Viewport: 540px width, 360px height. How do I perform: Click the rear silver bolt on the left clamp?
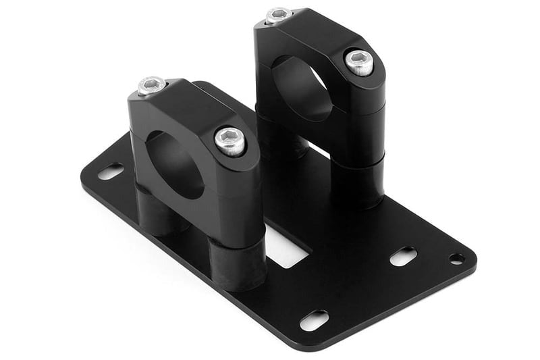(152, 86)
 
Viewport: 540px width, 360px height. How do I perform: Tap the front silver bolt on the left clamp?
(230, 140)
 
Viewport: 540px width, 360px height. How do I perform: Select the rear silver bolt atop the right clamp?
(279, 16)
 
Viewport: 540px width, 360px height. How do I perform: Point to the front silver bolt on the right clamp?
(359, 62)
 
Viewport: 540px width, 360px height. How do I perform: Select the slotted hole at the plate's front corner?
(315, 319)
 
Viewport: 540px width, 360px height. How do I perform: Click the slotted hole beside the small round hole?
(403, 257)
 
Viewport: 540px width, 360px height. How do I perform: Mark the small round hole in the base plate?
(457, 259)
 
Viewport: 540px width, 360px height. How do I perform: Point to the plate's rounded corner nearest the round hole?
(470, 260)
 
